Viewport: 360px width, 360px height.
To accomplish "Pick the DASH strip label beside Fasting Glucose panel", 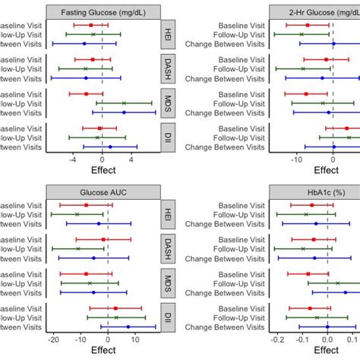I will pos(168,69).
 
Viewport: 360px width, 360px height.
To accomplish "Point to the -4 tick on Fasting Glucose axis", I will pos(73,159).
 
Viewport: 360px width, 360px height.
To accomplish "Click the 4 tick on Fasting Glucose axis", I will pos(131,159).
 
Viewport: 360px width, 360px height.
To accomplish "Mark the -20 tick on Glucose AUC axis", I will pos(53,339).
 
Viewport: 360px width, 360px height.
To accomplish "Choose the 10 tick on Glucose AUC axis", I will pos(135,339).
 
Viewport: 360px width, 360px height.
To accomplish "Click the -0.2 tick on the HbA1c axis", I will pos(279,339).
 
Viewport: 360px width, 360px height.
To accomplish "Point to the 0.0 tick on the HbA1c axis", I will pos(327,339).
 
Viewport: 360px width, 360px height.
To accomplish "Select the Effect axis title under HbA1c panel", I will pos(327,351).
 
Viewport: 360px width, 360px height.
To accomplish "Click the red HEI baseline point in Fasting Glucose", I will pos(91,25).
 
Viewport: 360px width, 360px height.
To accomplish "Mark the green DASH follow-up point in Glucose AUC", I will pos(77,248).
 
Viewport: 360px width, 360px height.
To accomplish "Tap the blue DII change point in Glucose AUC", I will pos(128,327).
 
